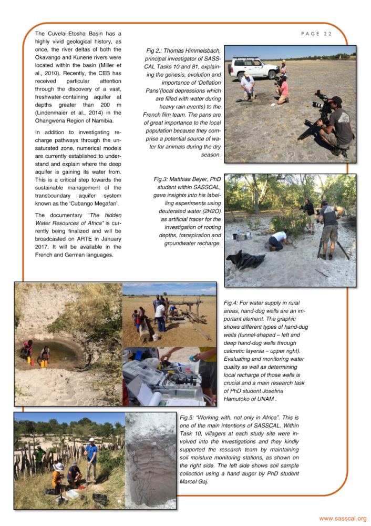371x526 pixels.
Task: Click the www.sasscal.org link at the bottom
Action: pyautogui.click(x=343, y=518)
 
